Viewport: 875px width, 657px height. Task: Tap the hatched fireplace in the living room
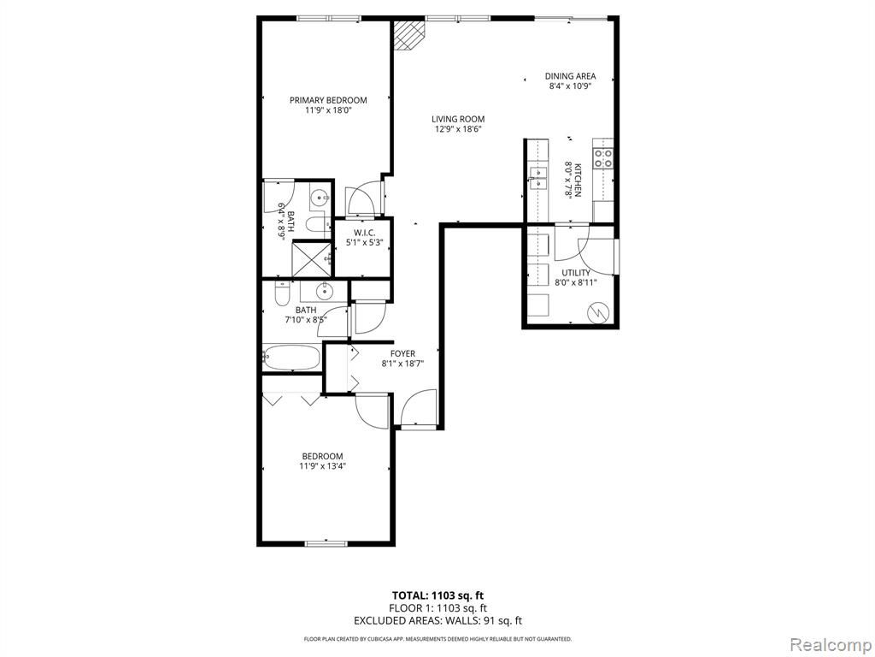[408, 35]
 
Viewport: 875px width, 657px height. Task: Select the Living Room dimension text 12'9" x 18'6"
[458, 129]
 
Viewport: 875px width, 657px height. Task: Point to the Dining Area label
[570, 76]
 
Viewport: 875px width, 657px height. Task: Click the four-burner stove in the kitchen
[604, 158]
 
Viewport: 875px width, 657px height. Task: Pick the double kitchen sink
[538, 177]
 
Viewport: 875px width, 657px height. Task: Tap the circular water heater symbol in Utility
[598, 314]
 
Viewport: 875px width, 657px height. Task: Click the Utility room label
[575, 273]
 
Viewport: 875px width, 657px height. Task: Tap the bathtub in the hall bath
[291, 358]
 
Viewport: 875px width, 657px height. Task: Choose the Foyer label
[402, 353]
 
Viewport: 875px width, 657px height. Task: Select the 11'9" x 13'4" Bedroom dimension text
[322, 466]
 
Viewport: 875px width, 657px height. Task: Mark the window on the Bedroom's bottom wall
[326, 543]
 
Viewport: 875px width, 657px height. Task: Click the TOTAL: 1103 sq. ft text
[437, 595]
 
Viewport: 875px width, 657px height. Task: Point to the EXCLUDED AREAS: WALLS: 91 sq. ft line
[437, 620]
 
